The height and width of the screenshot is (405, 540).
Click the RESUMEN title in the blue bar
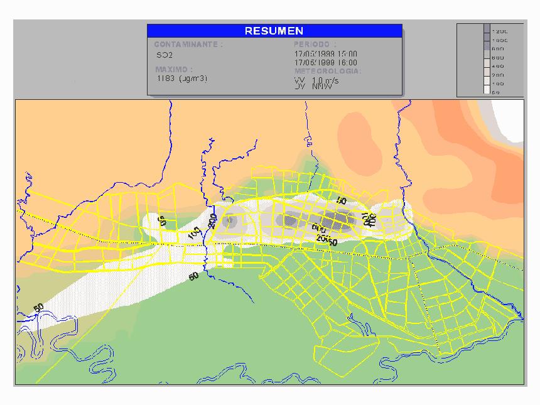(x=274, y=31)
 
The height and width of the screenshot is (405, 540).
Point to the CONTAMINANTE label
(x=188, y=45)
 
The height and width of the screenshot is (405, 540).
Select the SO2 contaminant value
(x=165, y=55)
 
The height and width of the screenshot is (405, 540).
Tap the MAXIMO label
(x=174, y=69)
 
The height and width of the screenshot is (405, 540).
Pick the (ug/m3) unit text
(x=193, y=78)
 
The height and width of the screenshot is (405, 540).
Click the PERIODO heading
(x=315, y=45)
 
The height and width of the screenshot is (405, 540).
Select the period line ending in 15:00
(x=325, y=55)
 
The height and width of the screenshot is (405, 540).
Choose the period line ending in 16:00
(x=325, y=63)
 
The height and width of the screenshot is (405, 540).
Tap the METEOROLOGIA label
(x=327, y=72)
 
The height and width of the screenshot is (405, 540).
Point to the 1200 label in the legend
(x=500, y=31)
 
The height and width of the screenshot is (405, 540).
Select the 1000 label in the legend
(x=500, y=40)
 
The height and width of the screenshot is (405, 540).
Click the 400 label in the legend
(x=498, y=66)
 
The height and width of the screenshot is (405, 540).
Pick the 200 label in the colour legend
(x=498, y=75)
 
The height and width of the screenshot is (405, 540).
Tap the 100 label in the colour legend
(x=498, y=84)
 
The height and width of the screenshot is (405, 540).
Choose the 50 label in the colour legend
(x=497, y=92)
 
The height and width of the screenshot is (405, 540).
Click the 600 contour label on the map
(x=318, y=229)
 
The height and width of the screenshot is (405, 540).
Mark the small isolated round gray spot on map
(x=230, y=220)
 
